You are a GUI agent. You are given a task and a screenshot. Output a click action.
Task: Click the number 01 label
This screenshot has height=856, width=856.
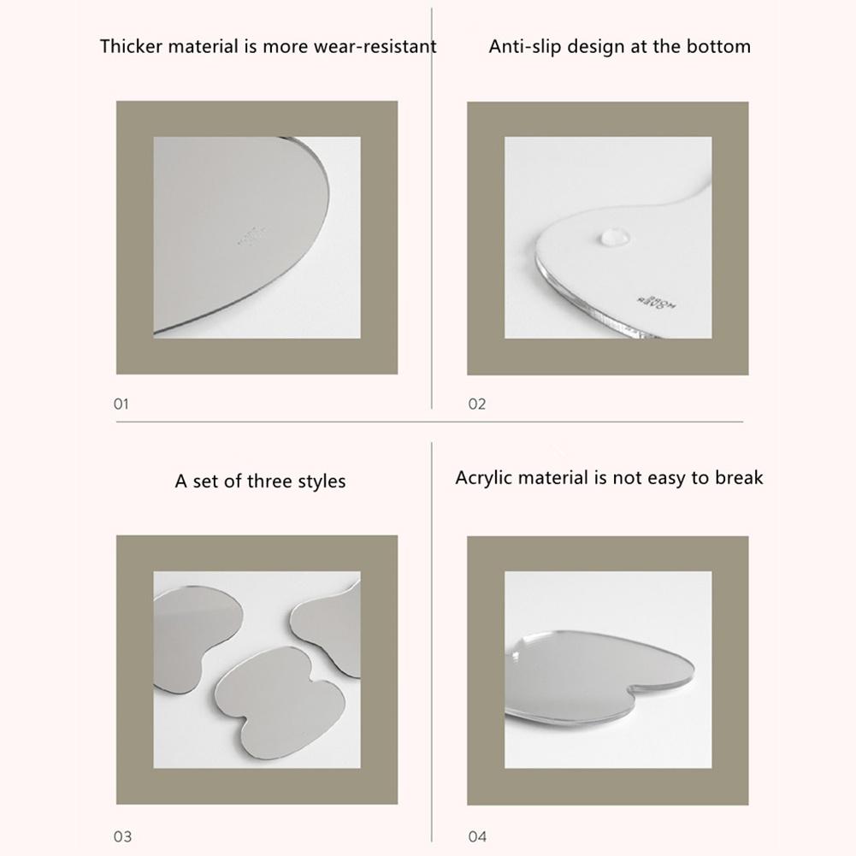pos(121,404)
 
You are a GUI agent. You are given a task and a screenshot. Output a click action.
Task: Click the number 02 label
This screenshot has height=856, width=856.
pos(477,404)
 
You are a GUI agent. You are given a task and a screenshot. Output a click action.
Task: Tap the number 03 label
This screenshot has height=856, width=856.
pos(122,836)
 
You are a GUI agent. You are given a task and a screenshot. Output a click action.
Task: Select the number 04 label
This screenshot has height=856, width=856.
pos(477,836)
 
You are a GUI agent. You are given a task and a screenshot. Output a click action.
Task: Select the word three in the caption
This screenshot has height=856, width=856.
pos(269,481)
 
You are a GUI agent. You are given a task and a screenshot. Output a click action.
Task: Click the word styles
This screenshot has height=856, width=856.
pos(321,482)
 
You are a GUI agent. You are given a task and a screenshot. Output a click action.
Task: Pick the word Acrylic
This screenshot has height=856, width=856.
pos(483,477)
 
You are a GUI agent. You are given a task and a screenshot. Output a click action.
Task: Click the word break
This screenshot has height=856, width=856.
pos(740,477)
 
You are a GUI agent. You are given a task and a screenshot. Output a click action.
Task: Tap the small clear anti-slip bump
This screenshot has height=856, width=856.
pos(611,233)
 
